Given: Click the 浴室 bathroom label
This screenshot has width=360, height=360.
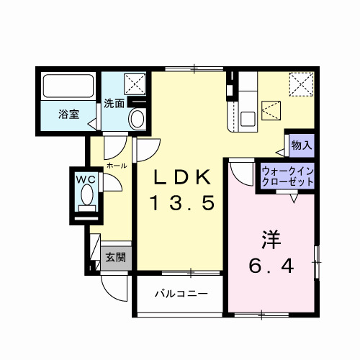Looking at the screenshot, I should coord(69,113).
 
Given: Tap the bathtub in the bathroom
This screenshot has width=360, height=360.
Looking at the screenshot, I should coord(68,87).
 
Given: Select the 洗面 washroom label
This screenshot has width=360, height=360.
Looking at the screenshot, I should coord(113,102).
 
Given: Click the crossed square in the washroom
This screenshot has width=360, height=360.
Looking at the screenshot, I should coord(135,84).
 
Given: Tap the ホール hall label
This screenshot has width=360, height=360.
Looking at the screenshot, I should coord(116,166).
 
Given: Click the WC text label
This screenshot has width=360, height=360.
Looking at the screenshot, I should coord(86,178).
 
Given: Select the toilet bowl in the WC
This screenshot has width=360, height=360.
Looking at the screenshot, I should coord(87,195).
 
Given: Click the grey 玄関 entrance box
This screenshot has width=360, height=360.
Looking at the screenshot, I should coord(115,257).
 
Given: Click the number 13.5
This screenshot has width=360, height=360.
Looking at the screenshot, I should coord(182,204).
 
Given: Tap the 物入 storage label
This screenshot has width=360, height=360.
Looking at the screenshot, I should coord(301,145).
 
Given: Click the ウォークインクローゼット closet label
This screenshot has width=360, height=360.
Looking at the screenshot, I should coord(287,177).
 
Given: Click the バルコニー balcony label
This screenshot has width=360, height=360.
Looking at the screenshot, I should coord(181,294).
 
